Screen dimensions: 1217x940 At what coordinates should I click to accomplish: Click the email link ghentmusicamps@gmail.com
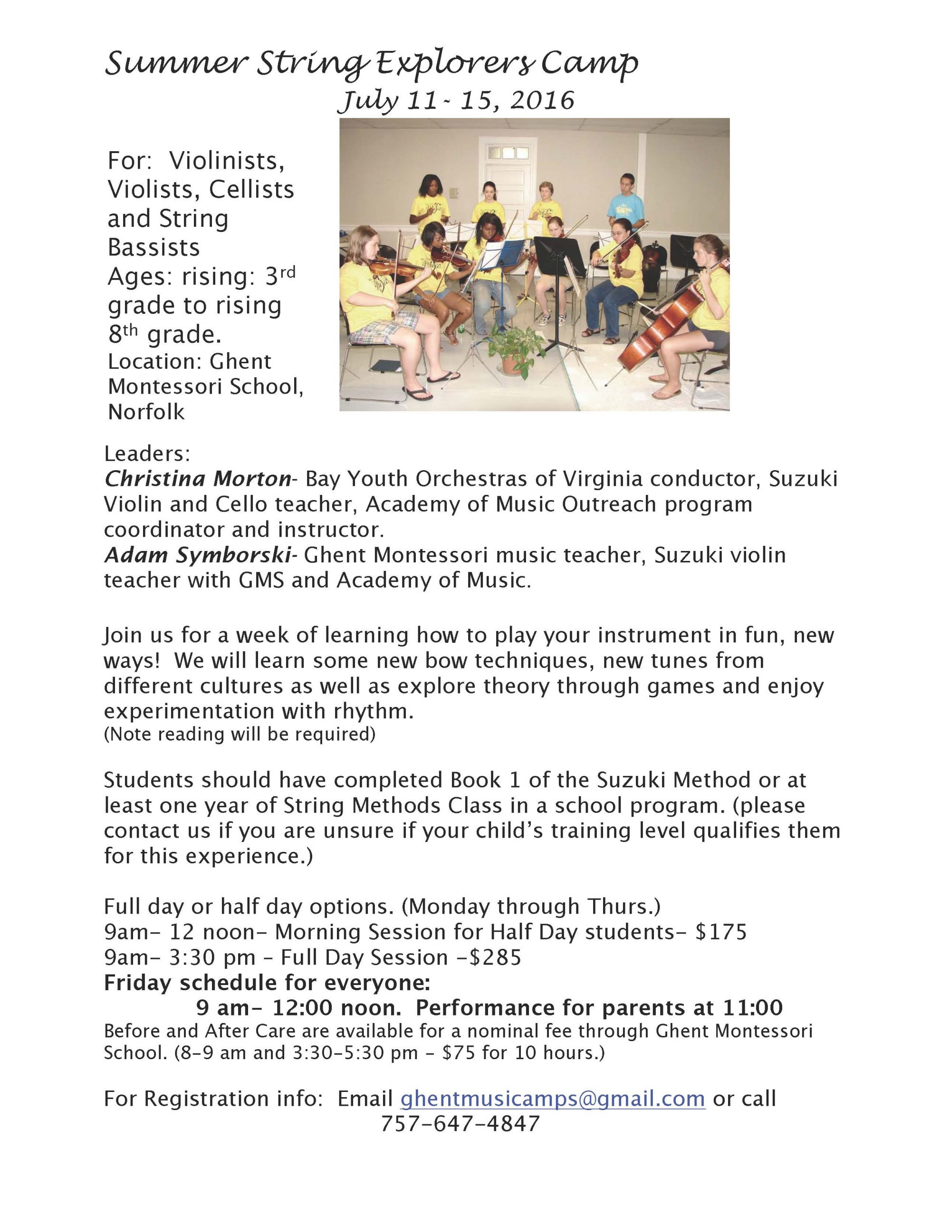553,1098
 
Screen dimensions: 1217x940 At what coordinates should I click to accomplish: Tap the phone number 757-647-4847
460,1123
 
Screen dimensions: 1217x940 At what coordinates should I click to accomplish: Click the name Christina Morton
198,479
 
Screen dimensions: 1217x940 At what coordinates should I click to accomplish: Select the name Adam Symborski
198,555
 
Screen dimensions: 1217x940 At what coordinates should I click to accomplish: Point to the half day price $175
720,932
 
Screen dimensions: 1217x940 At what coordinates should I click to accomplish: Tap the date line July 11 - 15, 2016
456,101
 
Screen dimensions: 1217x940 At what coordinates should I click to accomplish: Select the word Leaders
147,454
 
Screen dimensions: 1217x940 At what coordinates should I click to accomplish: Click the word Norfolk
146,412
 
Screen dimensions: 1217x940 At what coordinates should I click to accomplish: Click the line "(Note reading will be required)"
240,734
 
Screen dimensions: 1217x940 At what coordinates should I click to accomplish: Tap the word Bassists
154,247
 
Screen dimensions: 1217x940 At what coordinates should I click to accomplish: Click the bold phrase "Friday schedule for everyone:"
267,983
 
